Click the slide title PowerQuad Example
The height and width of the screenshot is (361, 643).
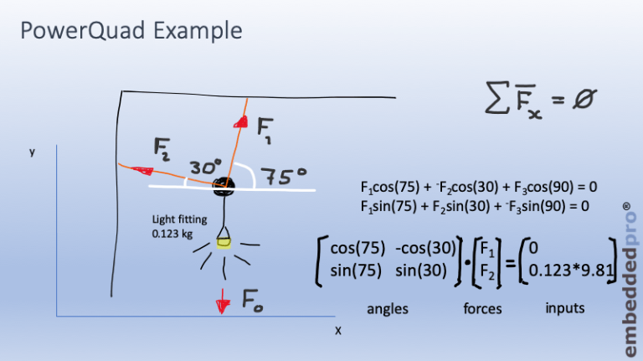131,31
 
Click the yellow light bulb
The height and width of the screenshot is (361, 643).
224,243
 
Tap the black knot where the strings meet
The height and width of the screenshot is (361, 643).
222,184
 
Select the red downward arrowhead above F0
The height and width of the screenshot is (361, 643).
222,300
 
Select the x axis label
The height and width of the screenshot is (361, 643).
338,330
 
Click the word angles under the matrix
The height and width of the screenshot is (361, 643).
388,309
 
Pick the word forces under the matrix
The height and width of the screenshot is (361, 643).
482,309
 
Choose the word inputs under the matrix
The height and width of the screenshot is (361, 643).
565,308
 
